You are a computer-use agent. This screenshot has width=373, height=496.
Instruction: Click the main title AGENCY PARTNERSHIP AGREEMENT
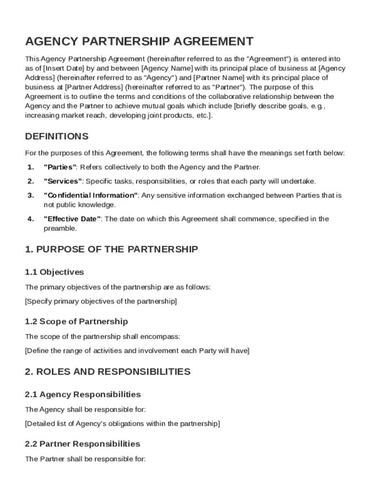coord(139,41)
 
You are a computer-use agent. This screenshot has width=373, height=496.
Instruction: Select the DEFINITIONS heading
coord(57,136)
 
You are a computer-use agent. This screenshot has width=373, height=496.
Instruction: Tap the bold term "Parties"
coord(60,167)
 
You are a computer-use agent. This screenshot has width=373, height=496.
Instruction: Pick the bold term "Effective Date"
coord(72,219)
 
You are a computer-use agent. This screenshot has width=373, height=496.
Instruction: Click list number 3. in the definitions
coord(31,195)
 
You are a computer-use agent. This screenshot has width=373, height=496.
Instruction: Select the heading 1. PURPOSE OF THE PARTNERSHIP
coord(111,249)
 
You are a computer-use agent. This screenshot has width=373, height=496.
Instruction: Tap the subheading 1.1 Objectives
coord(54,272)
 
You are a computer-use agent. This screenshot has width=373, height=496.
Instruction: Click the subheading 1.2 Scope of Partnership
coord(77,322)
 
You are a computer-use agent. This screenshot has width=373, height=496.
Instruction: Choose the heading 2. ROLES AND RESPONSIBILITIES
coord(108,372)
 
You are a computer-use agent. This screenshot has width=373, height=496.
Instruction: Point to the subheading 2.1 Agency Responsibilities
coord(83,395)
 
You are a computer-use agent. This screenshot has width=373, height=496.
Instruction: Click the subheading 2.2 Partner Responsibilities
coord(82,444)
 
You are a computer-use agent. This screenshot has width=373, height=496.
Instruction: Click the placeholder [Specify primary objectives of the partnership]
coord(101,301)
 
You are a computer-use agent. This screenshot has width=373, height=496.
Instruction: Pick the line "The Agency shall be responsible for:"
coord(85,409)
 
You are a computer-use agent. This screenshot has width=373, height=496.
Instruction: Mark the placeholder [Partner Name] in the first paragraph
coord(219,77)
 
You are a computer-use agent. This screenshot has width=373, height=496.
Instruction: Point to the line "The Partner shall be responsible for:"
coord(85,459)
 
